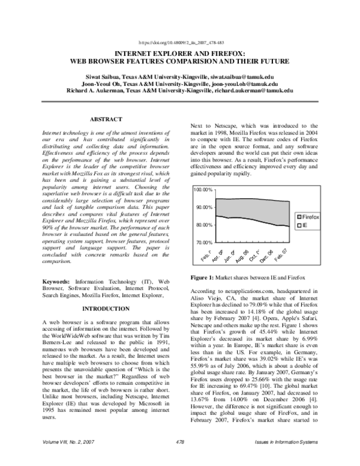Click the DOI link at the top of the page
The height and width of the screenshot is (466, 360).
[181, 43]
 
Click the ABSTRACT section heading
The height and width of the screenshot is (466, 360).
[106, 120]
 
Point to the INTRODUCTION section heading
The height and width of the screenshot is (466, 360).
[106, 309]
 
